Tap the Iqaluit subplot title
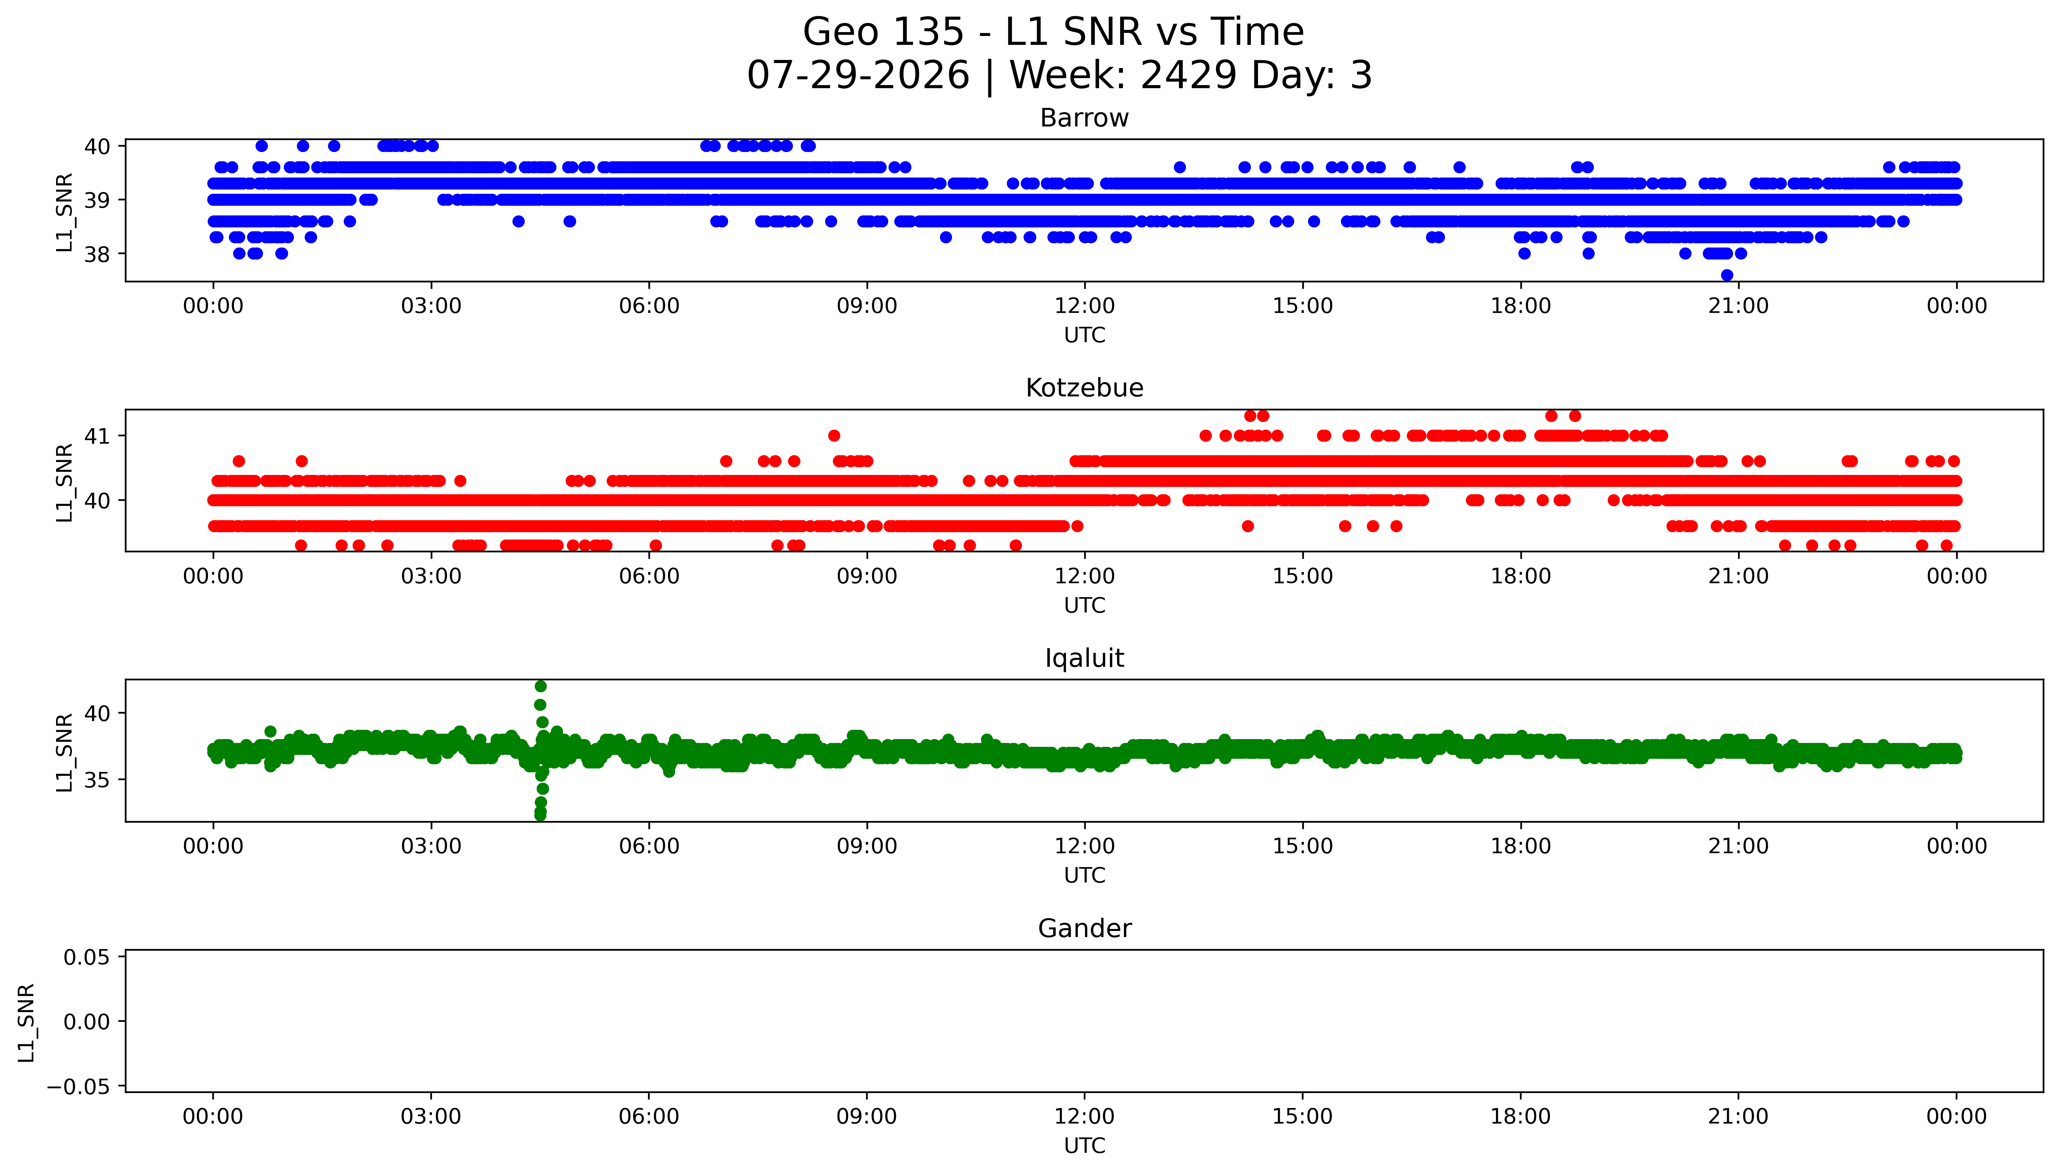point(1084,658)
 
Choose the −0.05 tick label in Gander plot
point(79,1087)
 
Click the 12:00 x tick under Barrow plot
point(1085,306)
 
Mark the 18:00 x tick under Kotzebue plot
point(1520,576)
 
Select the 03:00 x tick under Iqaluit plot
point(431,846)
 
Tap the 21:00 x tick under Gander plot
point(1738,1117)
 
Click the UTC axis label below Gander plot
point(1084,1146)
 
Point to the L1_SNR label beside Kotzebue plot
point(65,482)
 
